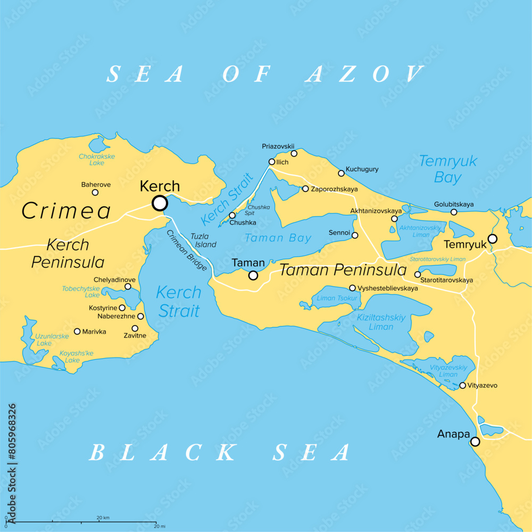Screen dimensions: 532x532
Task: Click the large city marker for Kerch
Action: coord(160,203)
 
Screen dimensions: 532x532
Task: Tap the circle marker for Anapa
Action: coord(475,442)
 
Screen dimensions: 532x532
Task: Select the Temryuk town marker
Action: coord(493,239)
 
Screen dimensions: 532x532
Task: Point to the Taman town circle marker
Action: coord(253,275)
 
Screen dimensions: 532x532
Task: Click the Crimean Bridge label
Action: coord(187,251)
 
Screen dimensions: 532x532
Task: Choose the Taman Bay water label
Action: coord(278,238)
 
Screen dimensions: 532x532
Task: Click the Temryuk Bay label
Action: coord(448,169)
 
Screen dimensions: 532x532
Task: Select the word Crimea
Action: coord(66,211)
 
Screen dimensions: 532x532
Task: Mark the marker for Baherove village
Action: coord(95,193)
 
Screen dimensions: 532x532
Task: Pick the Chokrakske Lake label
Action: coord(97,160)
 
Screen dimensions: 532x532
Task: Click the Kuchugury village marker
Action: coord(341,173)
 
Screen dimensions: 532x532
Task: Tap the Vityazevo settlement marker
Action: coord(462,386)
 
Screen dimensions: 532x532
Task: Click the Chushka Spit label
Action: coord(259,210)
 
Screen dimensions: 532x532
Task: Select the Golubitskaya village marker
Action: coord(454,212)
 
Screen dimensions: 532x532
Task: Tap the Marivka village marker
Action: coord(77,331)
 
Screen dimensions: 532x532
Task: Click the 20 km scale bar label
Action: coord(103,518)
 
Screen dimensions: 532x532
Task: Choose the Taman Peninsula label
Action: coord(343,270)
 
